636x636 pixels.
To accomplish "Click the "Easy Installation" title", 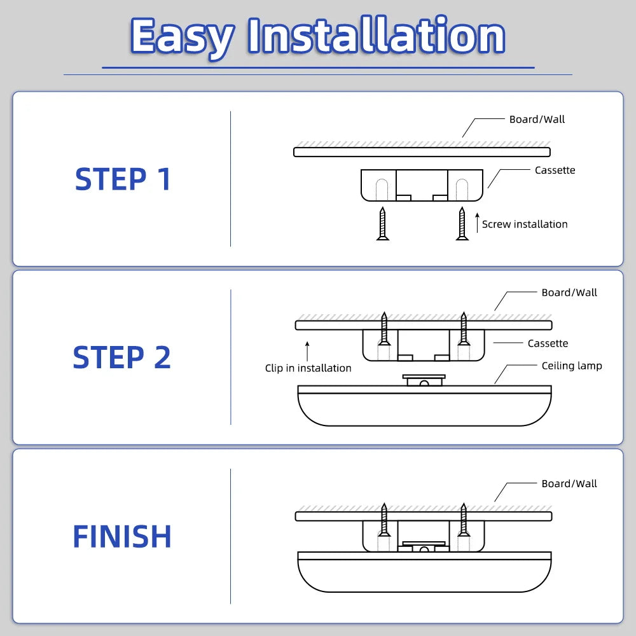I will [x=317, y=36].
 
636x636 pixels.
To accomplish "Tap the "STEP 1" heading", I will [x=123, y=179].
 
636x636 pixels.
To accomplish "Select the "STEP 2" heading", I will [x=121, y=357].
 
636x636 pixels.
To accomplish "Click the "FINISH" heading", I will [x=122, y=537].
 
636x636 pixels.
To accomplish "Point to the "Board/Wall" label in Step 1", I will [x=537, y=120].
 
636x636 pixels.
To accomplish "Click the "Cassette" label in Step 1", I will [x=555, y=170].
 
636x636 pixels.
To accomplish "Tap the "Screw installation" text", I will [x=525, y=224].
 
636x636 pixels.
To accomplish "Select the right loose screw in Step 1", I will [x=462, y=223].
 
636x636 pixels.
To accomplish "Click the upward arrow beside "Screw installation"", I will [x=477, y=223].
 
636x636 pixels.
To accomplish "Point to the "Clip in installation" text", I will [x=308, y=368].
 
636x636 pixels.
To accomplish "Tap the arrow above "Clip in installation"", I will [x=307, y=350].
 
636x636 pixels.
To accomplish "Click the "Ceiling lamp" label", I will [x=572, y=366].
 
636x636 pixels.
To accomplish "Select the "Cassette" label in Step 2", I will [x=548, y=343].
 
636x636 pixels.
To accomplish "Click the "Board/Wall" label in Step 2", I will [x=569, y=293].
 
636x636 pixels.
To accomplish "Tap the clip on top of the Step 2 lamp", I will [x=424, y=380].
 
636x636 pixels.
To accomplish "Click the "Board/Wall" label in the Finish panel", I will [x=569, y=484].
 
